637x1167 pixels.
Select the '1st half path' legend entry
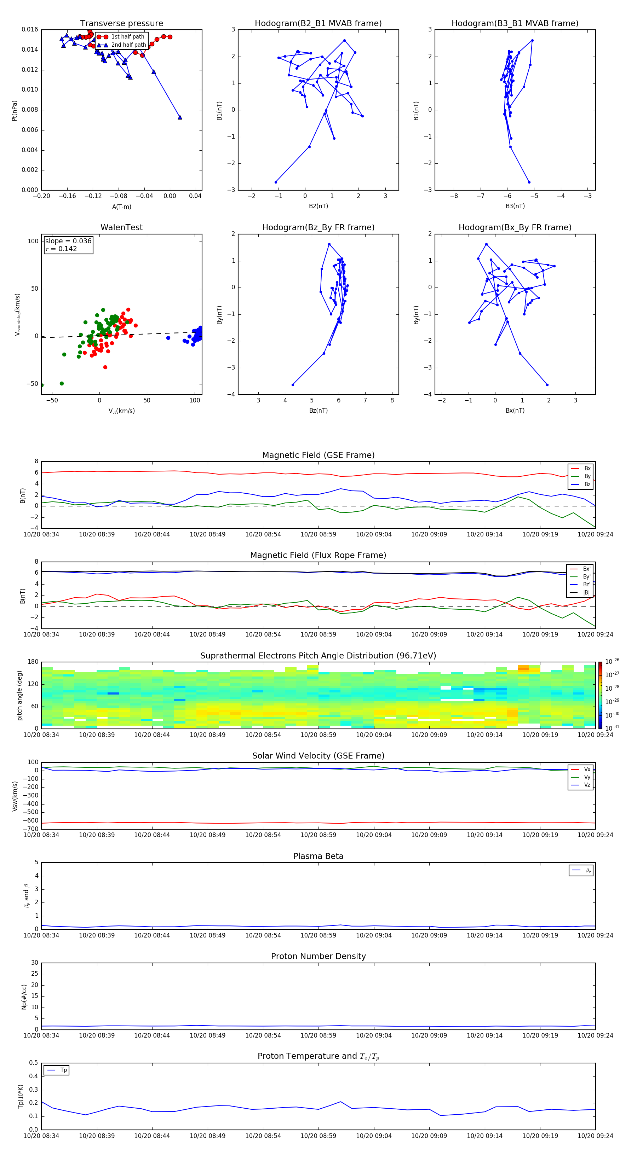(x=127, y=37)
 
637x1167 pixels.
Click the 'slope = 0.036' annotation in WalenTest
(x=68, y=241)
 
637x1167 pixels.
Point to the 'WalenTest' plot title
(x=121, y=227)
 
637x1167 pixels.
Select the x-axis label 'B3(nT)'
(x=515, y=206)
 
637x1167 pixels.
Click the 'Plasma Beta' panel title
(x=318, y=856)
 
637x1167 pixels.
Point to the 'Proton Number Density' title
(x=318, y=956)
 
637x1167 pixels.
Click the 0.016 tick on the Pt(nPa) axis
(x=30, y=29)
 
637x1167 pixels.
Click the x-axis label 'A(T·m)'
(x=121, y=207)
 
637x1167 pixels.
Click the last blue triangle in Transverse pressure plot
(x=180, y=117)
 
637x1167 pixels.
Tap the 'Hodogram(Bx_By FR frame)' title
(x=515, y=227)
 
